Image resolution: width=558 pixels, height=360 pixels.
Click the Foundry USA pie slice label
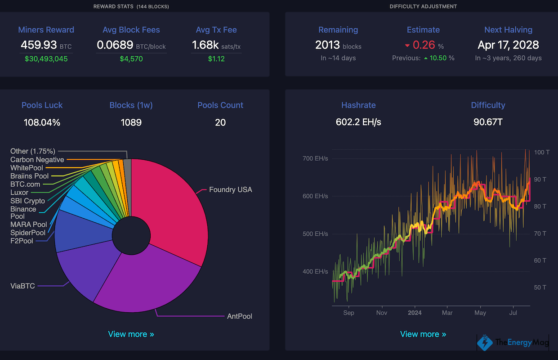pos(230,189)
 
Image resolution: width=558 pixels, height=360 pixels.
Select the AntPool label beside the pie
pos(239,316)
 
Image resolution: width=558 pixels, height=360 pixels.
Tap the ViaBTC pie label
pos(22,286)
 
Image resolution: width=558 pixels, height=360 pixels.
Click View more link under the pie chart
pos(131,334)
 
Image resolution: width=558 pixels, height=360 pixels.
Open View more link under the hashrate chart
pos(423,334)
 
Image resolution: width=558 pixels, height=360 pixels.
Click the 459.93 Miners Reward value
pos(39,45)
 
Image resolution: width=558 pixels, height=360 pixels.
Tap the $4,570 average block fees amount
pos(131,59)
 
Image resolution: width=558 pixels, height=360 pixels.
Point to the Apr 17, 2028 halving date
pos(508,45)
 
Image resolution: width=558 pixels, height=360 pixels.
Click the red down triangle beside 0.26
pos(407,45)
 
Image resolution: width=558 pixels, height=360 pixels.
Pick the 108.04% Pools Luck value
pos(42,122)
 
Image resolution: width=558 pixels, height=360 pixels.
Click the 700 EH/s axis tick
pos(315,158)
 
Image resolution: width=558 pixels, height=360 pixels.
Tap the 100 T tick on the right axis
pos(541,152)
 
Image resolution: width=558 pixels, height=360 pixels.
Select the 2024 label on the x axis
pos(414,313)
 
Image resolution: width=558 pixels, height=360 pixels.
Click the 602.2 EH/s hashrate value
pos(358,122)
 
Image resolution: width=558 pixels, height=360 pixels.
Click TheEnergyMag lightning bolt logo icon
pos(484,342)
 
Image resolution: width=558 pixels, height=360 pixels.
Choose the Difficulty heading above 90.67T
pos(488,105)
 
